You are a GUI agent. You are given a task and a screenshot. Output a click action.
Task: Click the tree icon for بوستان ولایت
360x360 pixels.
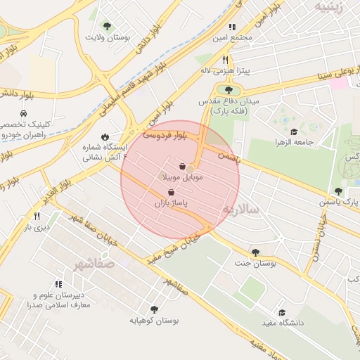pos(106,26)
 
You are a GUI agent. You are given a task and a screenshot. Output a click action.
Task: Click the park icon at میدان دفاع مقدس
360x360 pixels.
pos(228,89)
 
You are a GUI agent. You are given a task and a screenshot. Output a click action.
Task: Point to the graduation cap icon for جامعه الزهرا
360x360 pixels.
pos(294,131)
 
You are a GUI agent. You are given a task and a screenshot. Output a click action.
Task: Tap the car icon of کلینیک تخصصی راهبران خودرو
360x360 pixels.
pos(24,114)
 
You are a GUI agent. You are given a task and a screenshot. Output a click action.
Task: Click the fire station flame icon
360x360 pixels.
pos(104,137)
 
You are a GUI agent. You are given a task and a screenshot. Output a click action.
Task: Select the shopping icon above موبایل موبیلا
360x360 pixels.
pos(183,167)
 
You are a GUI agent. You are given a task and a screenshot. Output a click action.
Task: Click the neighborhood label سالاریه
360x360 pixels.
pos(241,210)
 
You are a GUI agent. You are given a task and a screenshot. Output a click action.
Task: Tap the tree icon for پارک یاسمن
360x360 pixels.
pos(338,191)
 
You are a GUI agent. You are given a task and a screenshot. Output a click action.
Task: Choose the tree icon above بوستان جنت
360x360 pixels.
pos(255,252)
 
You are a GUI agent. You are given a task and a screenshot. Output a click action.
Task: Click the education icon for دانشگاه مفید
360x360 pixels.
pos(282,312)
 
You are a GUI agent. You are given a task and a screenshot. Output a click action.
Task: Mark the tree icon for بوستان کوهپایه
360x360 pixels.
pos(154,309)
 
